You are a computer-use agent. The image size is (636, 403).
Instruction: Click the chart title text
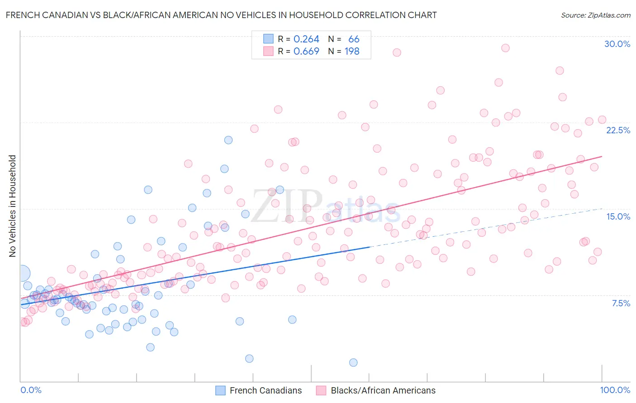(x=221, y=15)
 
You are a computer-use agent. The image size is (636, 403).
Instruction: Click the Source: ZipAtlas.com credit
(x=595, y=15)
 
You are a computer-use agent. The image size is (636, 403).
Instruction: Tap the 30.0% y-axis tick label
(x=617, y=44)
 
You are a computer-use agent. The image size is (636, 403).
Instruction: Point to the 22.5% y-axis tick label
(x=618, y=130)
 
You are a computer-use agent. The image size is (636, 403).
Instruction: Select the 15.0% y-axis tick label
(x=618, y=216)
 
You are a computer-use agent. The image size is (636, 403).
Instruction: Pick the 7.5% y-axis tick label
(x=621, y=303)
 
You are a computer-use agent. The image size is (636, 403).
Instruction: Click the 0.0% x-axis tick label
(x=31, y=390)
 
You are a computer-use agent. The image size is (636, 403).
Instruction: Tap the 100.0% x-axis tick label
(x=615, y=390)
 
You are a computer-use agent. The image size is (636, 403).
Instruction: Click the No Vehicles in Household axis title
(x=12, y=206)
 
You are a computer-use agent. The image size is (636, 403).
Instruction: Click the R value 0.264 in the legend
(x=306, y=39)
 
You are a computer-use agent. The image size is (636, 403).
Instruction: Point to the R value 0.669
(x=306, y=52)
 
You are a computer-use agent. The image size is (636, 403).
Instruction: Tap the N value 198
(x=352, y=52)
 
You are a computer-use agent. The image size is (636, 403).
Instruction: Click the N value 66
(x=354, y=39)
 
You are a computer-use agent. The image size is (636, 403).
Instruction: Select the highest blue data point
(x=228, y=140)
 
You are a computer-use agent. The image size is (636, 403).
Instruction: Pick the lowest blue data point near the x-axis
(x=353, y=362)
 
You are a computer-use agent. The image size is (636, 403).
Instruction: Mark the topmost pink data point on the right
(x=505, y=48)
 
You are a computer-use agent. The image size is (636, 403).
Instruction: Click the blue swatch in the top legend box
(x=268, y=39)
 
